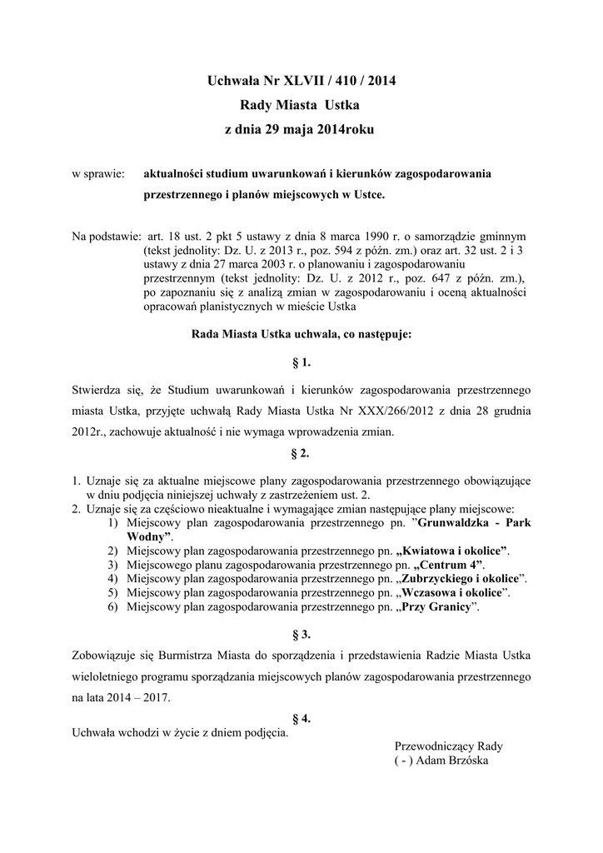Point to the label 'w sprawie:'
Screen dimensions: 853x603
(x=97, y=174)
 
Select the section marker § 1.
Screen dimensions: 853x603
(x=301, y=362)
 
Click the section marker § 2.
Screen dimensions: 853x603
(x=301, y=454)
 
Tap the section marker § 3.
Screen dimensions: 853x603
(x=301, y=634)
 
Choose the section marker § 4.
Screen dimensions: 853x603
(x=301, y=717)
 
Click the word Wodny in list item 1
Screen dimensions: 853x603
(x=148, y=537)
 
